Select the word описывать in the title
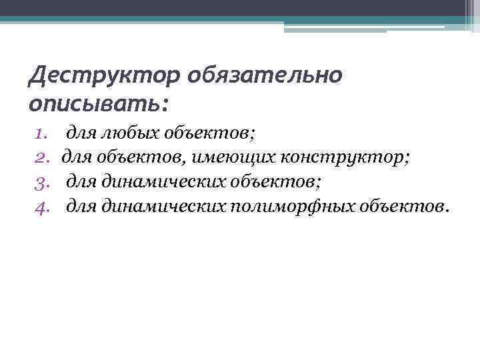click(92, 104)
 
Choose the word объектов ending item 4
click(403, 206)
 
